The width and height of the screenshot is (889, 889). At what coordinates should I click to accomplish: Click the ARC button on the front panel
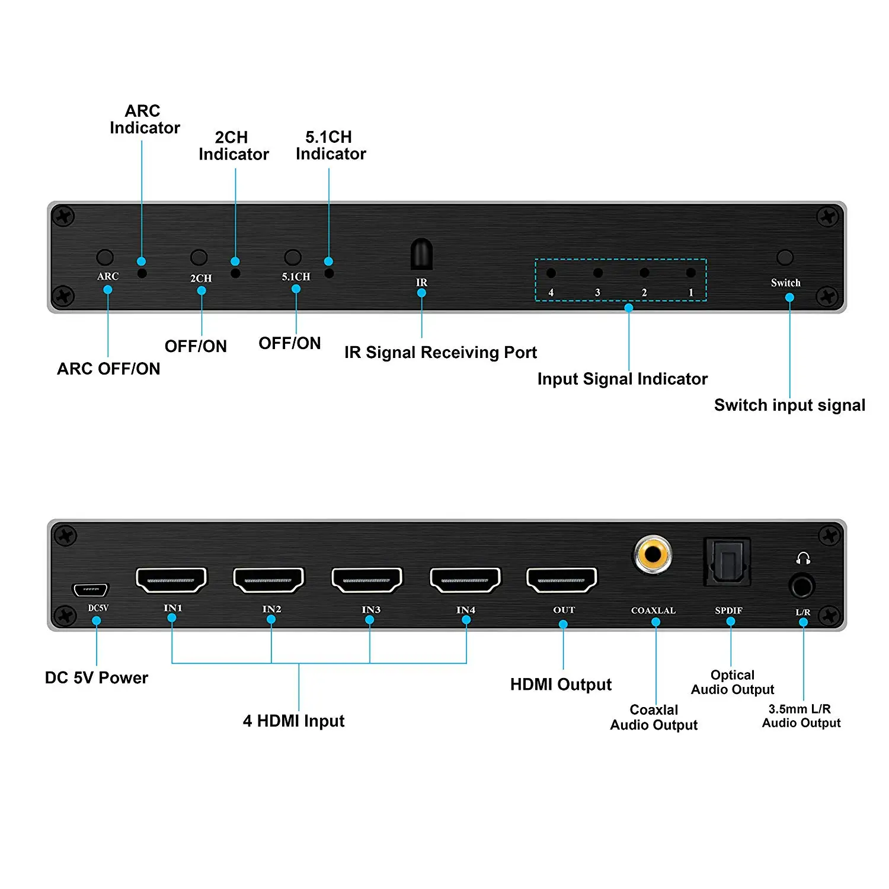105,257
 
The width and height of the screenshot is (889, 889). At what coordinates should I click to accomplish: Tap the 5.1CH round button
293,257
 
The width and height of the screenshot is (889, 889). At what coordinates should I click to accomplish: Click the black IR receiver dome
421,254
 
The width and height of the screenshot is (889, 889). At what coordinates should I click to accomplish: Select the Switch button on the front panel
785,257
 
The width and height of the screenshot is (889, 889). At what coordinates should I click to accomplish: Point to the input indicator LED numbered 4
551,273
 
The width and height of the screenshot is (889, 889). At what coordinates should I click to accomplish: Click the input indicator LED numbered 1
690,273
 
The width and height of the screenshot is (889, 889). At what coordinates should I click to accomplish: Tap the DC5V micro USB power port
90,590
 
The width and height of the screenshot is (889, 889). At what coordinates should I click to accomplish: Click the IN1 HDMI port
171,580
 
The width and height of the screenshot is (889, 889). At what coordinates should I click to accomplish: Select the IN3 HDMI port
367,580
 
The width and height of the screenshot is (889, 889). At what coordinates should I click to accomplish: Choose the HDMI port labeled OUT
562,580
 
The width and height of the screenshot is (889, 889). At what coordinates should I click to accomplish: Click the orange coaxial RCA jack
653,554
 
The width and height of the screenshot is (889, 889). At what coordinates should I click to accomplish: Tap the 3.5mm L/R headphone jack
802,587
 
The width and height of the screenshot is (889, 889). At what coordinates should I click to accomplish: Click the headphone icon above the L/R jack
803,558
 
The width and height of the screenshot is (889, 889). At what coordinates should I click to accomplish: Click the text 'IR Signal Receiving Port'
440,353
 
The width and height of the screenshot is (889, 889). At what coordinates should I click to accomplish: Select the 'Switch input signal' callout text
789,405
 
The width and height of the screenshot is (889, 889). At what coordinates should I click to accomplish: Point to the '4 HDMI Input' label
293,721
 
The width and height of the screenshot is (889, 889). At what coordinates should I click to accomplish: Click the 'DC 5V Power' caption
97,677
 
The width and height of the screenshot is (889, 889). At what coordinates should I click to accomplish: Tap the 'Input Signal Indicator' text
622,379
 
